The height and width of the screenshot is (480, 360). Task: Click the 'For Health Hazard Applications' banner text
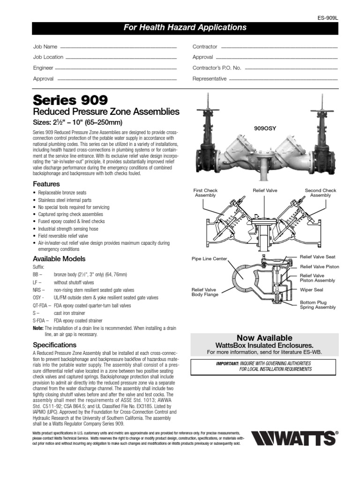coord(185,28)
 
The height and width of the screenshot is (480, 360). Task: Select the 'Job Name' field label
coord(45,47)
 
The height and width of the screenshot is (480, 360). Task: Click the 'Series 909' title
coord(70,100)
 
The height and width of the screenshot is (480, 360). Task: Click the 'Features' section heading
coord(46,184)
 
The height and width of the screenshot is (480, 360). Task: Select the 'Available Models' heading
coord(59,259)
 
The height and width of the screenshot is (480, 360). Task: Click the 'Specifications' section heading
coord(54,345)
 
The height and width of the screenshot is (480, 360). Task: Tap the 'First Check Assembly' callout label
coord(205,193)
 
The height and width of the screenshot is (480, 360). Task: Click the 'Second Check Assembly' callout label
coord(321,193)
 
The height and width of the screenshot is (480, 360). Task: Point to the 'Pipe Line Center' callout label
coord(209,258)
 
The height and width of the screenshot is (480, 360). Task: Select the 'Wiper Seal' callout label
coord(312,290)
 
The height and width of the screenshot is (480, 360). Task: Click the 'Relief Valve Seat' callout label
coord(317,257)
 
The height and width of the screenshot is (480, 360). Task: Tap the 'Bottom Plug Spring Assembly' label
coord(318,305)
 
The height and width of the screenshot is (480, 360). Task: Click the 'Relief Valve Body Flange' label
coord(204,292)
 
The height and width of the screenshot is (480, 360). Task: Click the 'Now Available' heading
coord(264,338)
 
